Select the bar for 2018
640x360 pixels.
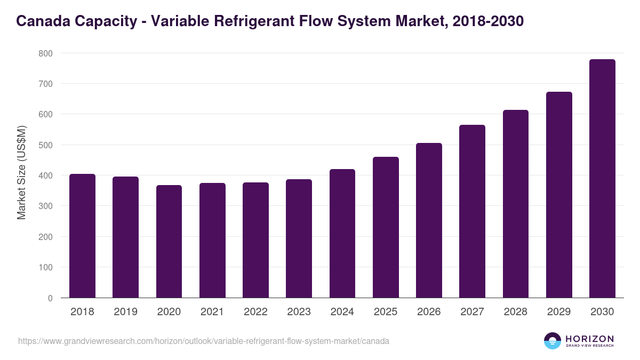(x=82, y=236)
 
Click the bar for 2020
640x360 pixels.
(x=169, y=242)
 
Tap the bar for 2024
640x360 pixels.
(x=342, y=234)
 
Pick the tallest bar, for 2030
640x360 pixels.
(x=602, y=179)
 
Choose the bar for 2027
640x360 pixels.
(x=472, y=211)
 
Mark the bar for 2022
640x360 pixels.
(x=255, y=240)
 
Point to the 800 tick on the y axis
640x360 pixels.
(x=45, y=53)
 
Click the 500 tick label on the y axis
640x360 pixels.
(x=45, y=145)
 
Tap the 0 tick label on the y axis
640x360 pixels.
(x=50, y=298)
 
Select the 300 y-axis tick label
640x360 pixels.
(x=45, y=206)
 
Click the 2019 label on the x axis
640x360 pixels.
(x=125, y=312)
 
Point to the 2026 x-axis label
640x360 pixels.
(x=429, y=312)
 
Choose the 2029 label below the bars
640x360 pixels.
(x=559, y=312)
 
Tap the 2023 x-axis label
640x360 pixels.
(x=299, y=312)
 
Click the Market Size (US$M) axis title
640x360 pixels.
(x=22, y=172)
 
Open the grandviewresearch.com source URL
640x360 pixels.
(x=203, y=341)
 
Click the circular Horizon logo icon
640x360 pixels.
(x=553, y=341)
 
